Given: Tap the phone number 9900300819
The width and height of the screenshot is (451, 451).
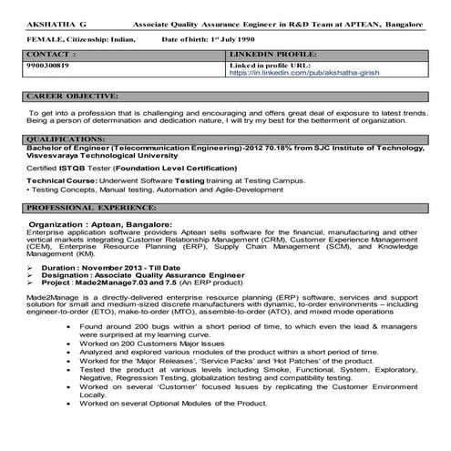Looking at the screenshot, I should [46, 66].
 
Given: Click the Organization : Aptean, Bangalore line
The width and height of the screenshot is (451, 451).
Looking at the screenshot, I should [100, 223].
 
